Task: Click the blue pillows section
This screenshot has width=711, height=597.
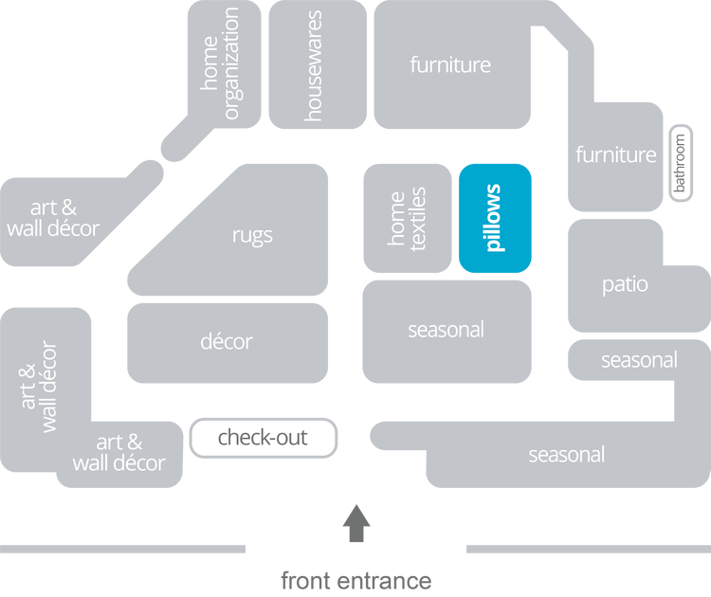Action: click(495, 218)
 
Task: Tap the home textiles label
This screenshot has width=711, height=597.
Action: click(408, 219)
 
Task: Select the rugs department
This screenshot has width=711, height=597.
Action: click(252, 234)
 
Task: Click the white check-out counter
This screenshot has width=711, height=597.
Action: click(263, 438)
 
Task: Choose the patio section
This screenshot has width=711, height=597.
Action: click(625, 283)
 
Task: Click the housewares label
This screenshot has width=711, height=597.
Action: click(315, 65)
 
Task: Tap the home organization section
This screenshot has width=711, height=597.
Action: click(222, 65)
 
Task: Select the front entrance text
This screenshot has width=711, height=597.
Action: click(356, 580)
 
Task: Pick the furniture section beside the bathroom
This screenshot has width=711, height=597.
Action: click(615, 154)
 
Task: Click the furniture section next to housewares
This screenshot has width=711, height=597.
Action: click(450, 65)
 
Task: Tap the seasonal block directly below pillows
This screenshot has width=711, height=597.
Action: click(446, 331)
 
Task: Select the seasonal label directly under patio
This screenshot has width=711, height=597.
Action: click(638, 360)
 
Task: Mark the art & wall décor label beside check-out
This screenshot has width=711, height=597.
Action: click(118, 453)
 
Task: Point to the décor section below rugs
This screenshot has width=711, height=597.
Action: click(227, 341)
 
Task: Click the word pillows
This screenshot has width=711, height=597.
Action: click(493, 218)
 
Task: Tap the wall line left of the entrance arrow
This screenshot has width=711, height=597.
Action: click(123, 549)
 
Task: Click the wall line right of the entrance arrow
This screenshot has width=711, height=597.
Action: click(587, 549)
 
